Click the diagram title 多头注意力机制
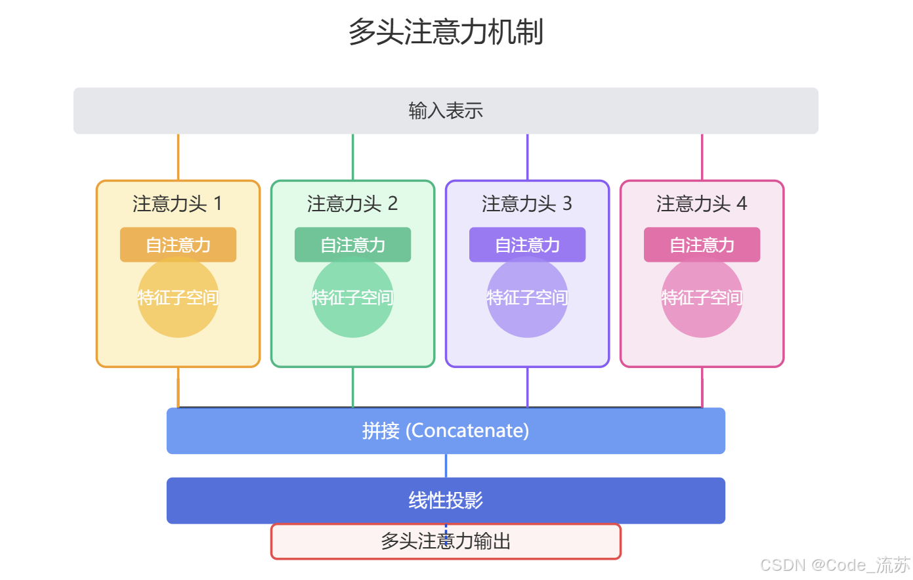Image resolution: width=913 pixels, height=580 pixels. coord(446,31)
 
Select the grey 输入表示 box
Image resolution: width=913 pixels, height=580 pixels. coord(446,111)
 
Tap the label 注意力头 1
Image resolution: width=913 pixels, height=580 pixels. coord(177,204)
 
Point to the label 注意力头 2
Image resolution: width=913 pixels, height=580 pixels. coord(352,204)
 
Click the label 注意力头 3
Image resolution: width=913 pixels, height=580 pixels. coord(527,204)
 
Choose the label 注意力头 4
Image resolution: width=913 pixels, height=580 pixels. coord(702,204)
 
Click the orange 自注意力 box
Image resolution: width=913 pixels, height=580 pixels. coord(178,245)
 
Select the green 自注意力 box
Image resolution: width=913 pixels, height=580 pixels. coord(352,245)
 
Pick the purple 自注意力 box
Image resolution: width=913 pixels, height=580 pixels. coord(527,245)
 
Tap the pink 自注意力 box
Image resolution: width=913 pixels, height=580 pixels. coord(702,245)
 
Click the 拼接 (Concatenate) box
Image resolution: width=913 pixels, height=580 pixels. coord(446,431)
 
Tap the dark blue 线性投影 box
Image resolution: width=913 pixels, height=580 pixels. coord(446,501)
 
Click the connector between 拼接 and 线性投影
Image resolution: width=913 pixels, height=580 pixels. coord(446,466)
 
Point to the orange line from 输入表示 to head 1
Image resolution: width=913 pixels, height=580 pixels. coord(178,157)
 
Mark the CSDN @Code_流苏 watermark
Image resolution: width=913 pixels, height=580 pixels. coord(835,565)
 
